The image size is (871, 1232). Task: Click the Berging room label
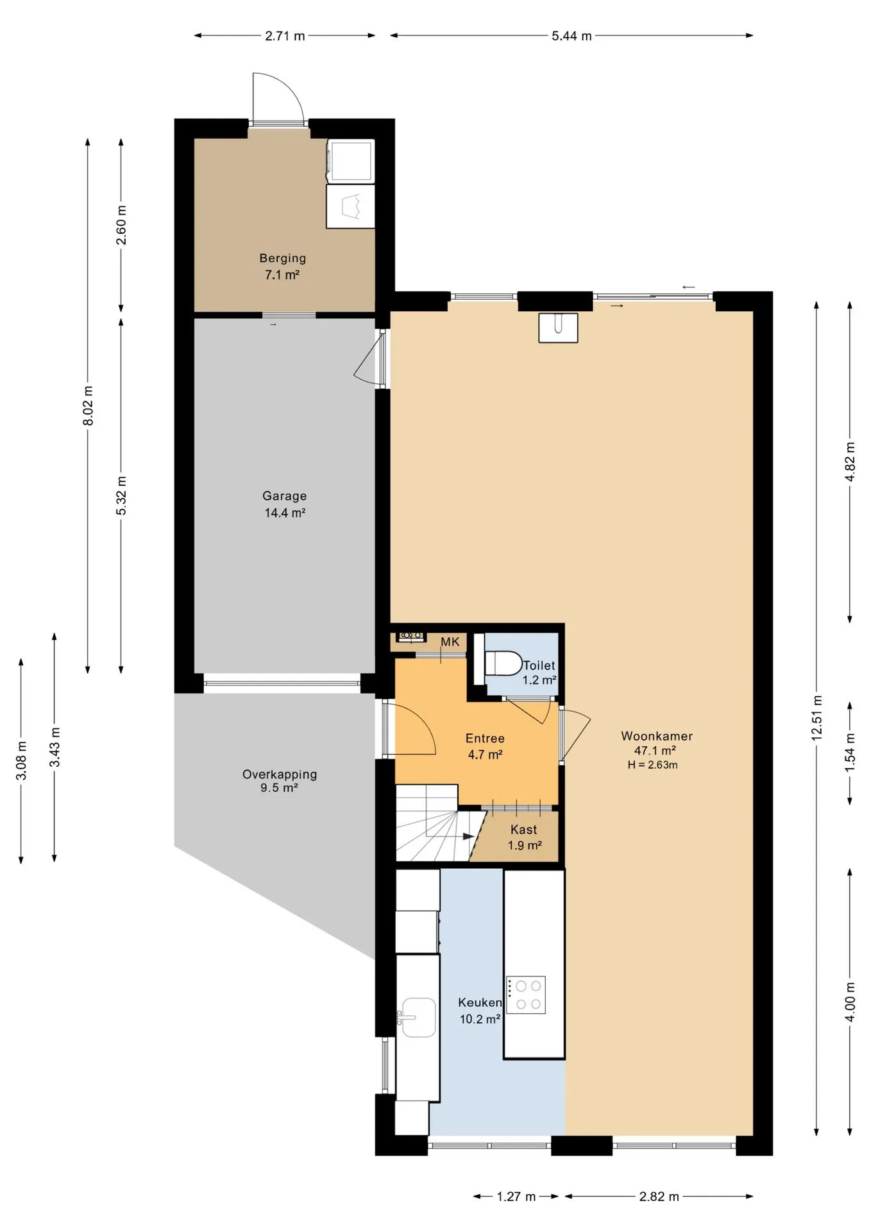[x=282, y=258]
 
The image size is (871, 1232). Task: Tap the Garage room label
[x=284, y=495]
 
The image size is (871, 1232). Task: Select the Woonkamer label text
[x=657, y=736]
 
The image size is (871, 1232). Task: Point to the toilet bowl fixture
[x=503, y=663]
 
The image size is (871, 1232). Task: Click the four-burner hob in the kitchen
[x=526, y=995]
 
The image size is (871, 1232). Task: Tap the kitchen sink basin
[x=418, y=1017]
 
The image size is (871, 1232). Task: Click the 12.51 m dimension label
[x=816, y=717]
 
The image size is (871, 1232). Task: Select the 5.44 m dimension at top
[x=571, y=36]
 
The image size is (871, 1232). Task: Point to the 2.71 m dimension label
[x=285, y=36]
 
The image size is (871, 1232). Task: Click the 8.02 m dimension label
[x=88, y=406]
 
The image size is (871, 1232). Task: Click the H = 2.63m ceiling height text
[x=652, y=764]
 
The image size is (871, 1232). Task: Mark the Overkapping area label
[x=280, y=774]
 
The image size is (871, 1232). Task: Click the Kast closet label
[x=523, y=830]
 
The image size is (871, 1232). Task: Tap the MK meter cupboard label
[x=450, y=642]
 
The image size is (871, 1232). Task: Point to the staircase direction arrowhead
[x=469, y=837]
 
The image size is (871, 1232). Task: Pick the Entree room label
[x=485, y=738]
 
